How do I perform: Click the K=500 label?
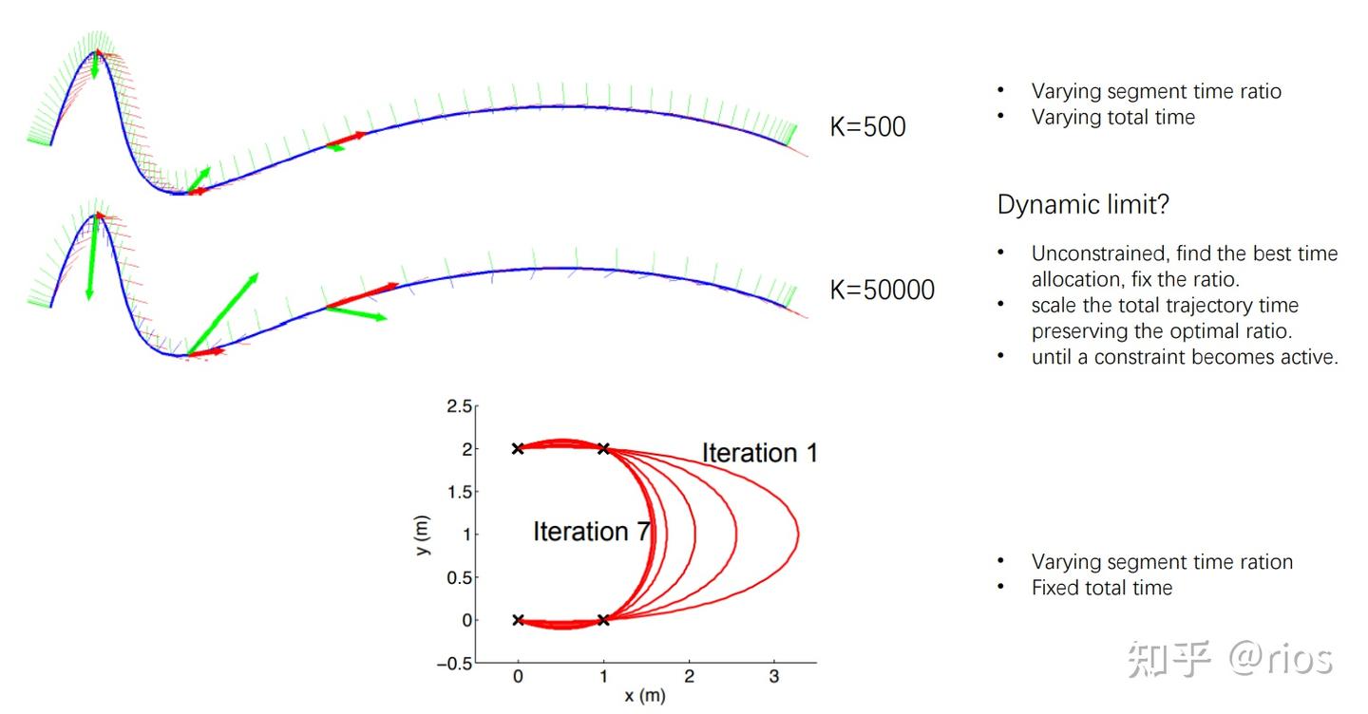[867, 126]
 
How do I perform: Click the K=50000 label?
[882, 290]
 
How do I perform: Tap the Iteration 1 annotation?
[759, 453]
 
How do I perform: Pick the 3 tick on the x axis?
[773, 677]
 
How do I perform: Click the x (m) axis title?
[644, 696]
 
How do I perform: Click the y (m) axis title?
[423, 534]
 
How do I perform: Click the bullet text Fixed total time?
[1102, 588]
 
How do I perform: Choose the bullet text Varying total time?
[1113, 118]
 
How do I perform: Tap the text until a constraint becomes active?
[1185, 357]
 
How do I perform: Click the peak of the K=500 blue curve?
[95, 52]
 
